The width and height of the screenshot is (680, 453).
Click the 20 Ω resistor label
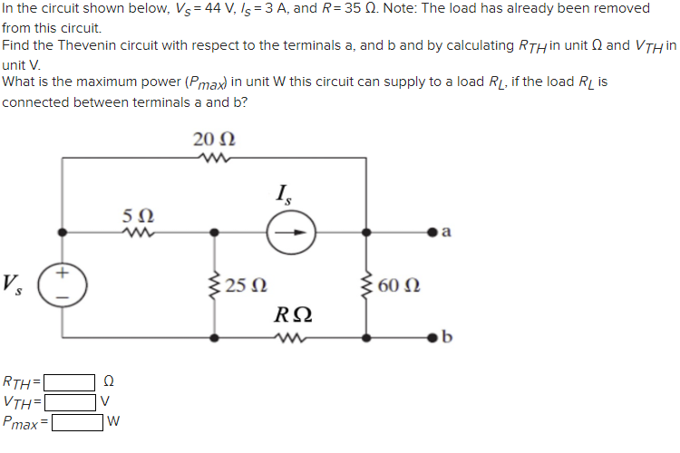point(214,140)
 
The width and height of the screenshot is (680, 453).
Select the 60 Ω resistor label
point(399,285)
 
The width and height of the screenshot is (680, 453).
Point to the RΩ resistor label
point(293,315)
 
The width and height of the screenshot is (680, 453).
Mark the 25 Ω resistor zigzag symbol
point(215,285)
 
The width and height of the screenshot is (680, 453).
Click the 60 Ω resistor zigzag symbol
point(367,285)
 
